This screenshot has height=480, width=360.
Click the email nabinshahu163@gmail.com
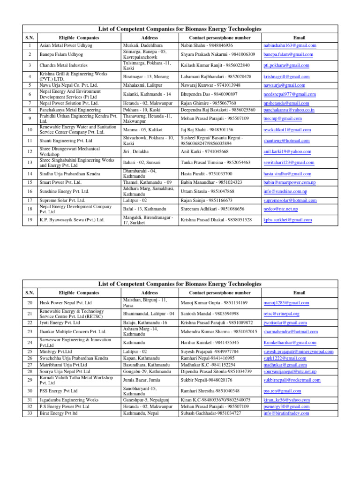[x=289, y=45]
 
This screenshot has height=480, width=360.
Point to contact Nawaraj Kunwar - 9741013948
[x=210, y=85]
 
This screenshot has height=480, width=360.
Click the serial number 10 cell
[x=30, y=129]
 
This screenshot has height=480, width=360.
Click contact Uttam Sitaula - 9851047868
[x=208, y=192]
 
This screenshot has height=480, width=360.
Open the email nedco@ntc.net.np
[x=280, y=209]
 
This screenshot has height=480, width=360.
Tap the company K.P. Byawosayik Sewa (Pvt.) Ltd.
[x=72, y=219]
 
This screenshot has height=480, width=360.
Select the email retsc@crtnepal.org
[x=281, y=314]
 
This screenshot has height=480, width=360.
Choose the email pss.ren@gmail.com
[x=282, y=391]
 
